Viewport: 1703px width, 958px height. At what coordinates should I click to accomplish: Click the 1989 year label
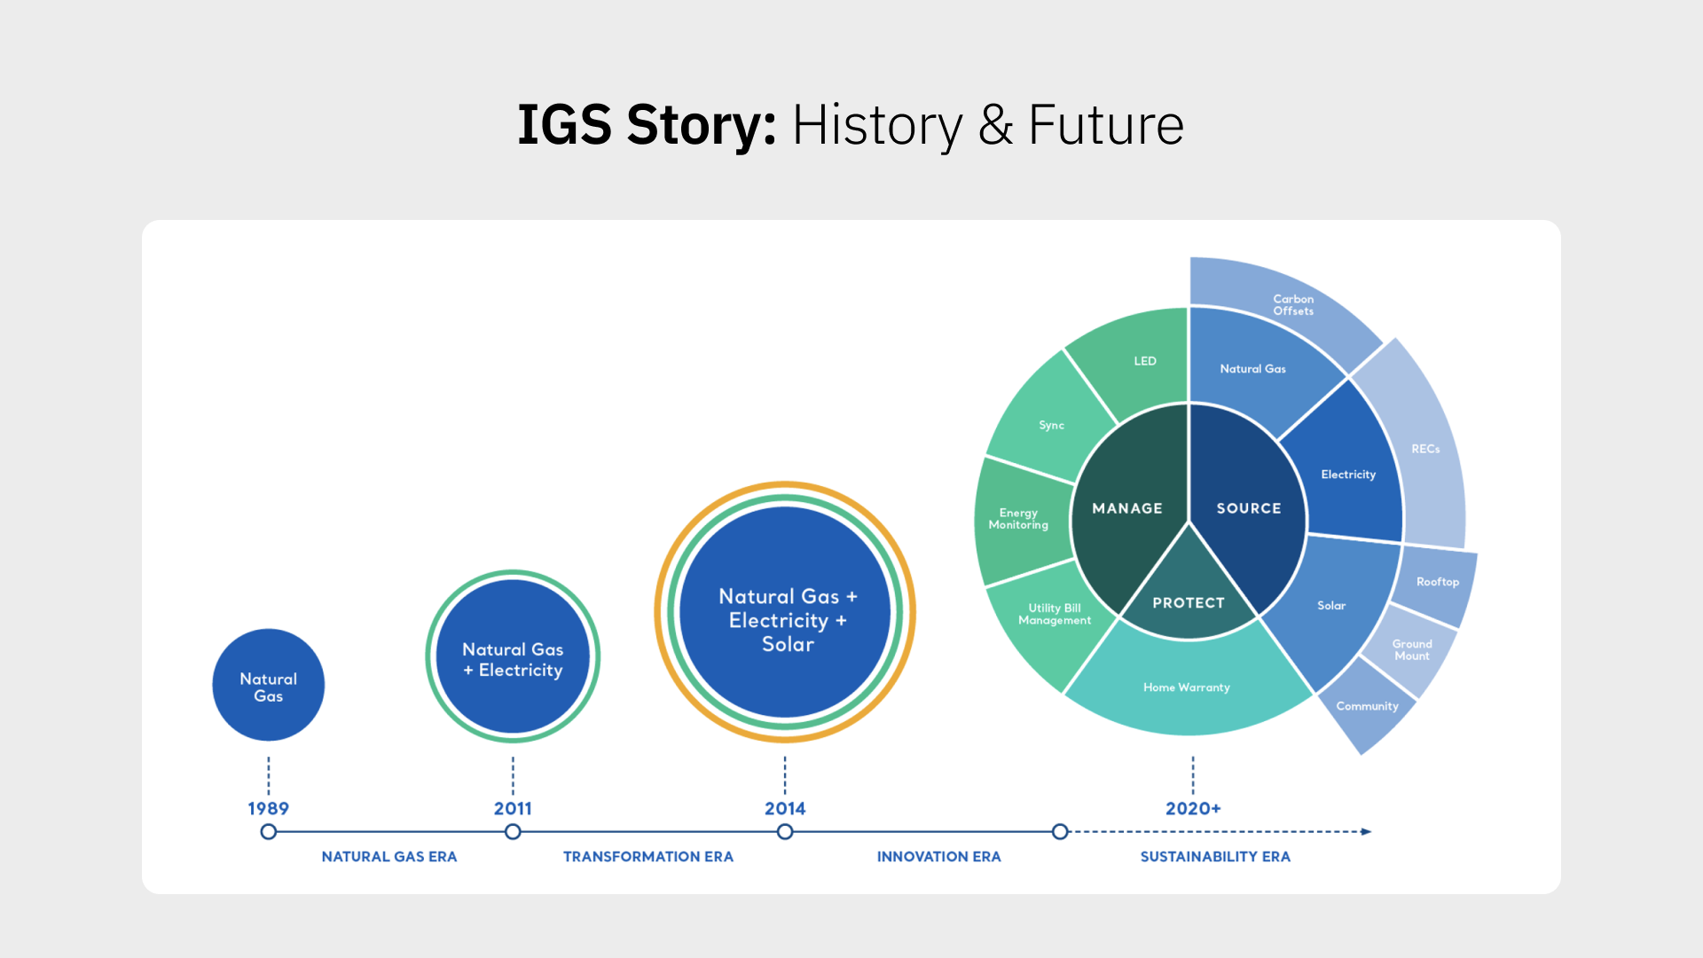268,808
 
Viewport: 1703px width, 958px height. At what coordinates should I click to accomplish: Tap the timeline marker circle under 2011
513,832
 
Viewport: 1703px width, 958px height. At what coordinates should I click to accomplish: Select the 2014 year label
785,808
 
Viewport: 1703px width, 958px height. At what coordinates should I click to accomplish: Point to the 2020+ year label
1193,808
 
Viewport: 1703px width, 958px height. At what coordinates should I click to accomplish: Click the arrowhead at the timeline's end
1366,832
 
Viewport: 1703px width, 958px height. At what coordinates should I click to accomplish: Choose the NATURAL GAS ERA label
388,857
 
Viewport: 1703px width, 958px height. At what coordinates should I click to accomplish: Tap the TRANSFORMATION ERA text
647,857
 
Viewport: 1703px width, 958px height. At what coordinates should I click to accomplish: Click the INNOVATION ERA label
938,857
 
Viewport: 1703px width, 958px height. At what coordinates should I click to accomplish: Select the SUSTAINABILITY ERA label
1215,857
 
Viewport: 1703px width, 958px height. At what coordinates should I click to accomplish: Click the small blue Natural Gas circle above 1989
268,686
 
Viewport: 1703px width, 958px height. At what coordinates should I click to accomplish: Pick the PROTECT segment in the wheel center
1189,602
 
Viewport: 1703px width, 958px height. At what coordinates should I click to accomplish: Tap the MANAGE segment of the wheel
1127,508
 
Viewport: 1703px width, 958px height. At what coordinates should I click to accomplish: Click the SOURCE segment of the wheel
1249,508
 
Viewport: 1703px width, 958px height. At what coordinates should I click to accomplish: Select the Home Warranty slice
1187,687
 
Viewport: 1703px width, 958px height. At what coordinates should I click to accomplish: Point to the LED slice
1144,361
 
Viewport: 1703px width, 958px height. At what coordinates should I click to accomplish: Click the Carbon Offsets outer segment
1293,304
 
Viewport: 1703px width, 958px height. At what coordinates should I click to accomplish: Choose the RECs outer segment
1425,449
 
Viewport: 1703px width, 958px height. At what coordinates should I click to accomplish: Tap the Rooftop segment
1437,582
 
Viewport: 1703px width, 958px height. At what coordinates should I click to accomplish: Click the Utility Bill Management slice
1054,614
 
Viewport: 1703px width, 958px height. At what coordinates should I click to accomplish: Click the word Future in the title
1105,125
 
